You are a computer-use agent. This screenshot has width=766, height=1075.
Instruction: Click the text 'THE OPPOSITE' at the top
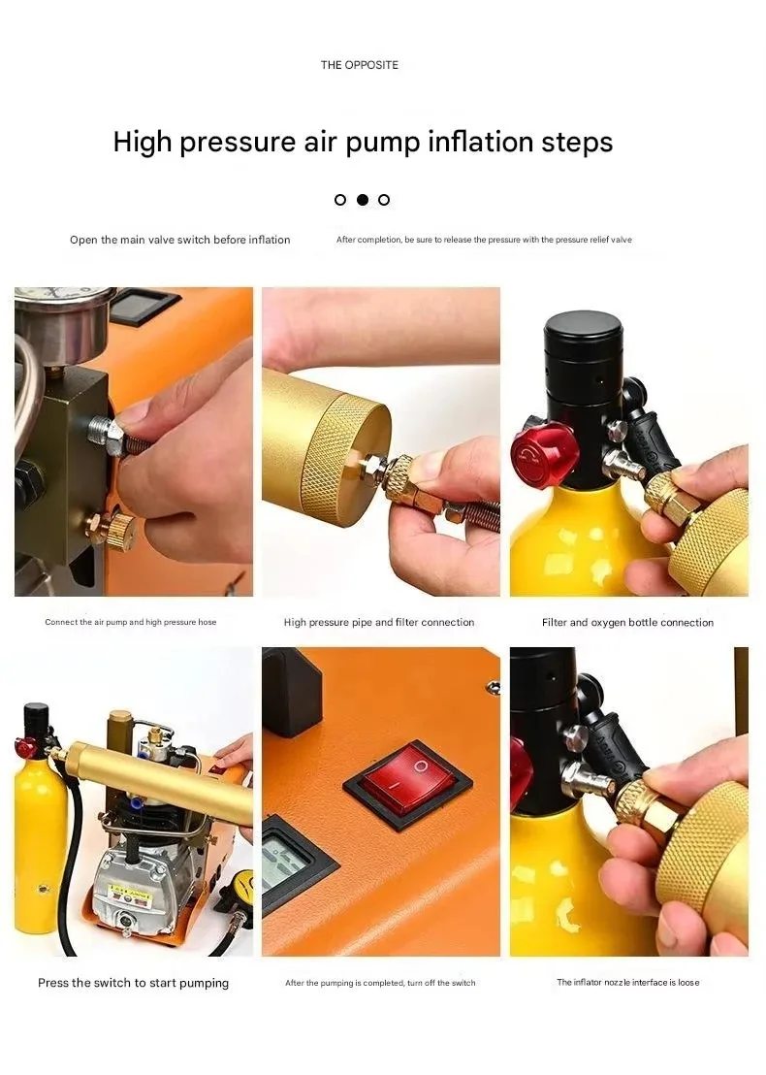point(359,65)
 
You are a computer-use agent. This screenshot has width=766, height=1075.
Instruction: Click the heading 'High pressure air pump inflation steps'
point(363,142)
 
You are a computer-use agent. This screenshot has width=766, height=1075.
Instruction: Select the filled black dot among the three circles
point(362,200)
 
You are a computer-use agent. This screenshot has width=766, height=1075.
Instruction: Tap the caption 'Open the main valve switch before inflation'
point(179,240)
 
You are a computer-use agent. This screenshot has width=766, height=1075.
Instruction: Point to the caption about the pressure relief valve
point(484,240)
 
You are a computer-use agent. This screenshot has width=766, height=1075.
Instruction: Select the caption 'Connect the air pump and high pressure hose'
point(130,622)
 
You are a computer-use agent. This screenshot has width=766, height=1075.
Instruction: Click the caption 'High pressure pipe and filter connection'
point(379,622)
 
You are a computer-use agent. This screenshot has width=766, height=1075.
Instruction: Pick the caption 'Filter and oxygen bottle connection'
point(627,622)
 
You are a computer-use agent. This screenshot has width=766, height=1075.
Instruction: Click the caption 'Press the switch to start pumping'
point(133,983)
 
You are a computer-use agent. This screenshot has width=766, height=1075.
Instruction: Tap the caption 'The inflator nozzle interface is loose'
point(627,983)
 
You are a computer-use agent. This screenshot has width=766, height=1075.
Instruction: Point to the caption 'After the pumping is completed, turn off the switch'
point(380,983)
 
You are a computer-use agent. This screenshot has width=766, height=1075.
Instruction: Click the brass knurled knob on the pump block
point(117,528)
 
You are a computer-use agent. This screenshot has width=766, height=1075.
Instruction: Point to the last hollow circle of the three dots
point(384,200)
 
